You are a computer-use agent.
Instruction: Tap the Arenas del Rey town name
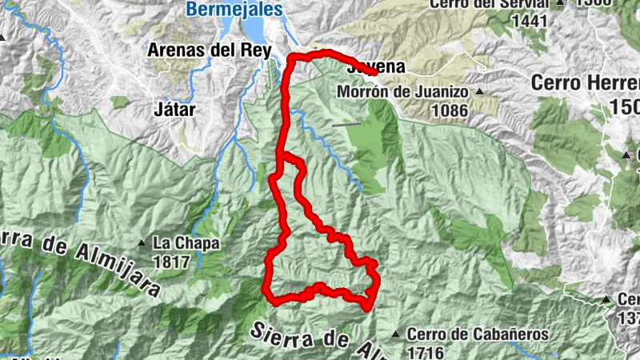204,50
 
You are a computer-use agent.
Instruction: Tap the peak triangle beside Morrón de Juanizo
480,91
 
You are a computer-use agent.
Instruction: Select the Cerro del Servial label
490,4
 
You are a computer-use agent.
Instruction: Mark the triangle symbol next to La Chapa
142,242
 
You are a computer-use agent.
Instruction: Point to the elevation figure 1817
173,262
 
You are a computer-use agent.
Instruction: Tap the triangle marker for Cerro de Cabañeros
394,334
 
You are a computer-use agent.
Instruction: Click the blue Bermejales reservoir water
257,30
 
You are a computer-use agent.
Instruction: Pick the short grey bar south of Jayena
347,124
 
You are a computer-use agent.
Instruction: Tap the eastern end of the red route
375,73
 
